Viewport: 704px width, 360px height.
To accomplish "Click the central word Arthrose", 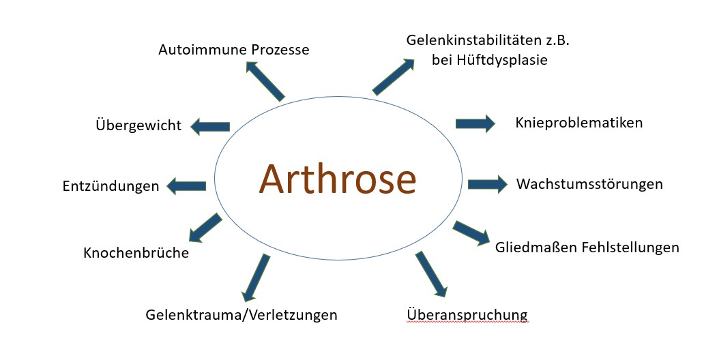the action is coord(338,179).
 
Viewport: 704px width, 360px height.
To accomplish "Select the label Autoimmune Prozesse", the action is coord(234,49).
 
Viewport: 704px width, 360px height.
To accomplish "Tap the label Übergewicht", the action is coord(138,124).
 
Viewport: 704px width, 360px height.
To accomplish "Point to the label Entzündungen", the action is coord(111,185).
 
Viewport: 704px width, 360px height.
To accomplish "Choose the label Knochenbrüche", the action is coord(136,252).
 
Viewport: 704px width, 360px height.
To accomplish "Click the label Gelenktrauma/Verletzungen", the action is coord(241,314).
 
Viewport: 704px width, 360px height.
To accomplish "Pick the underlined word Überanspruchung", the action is coord(467,314).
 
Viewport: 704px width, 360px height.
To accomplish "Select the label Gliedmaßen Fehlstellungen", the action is coord(587,247).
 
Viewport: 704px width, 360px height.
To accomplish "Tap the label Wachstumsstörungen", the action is coord(589,183).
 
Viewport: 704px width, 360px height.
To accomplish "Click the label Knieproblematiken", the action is coord(579,123).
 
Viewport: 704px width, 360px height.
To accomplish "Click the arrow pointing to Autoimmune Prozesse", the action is coord(265,81).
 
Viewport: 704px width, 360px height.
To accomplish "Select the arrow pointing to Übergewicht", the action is coord(210,127).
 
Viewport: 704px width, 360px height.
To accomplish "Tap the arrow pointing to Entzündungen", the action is coord(186,186).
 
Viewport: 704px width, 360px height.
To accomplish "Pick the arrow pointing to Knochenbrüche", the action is coord(205,228).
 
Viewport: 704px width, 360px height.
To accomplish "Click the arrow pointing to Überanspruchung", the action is coord(431,274).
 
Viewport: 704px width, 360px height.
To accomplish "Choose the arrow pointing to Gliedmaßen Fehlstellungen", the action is coord(471,233).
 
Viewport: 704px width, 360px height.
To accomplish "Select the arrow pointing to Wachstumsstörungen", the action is coord(488,184).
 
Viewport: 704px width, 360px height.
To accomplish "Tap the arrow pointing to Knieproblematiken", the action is coord(475,123).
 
